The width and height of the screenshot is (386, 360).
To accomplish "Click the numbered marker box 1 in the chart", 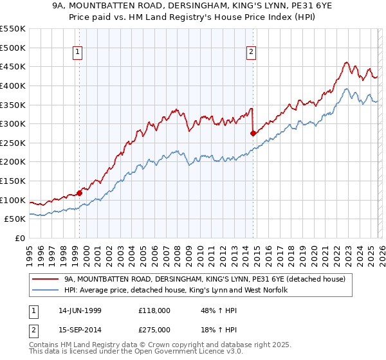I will coord(77,53).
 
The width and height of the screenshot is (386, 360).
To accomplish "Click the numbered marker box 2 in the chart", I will coord(251,53).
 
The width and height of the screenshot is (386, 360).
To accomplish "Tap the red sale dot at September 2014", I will coord(253,134).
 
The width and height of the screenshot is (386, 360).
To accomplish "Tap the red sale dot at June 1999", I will coord(80,193).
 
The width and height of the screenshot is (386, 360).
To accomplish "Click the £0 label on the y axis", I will coord(21,239).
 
